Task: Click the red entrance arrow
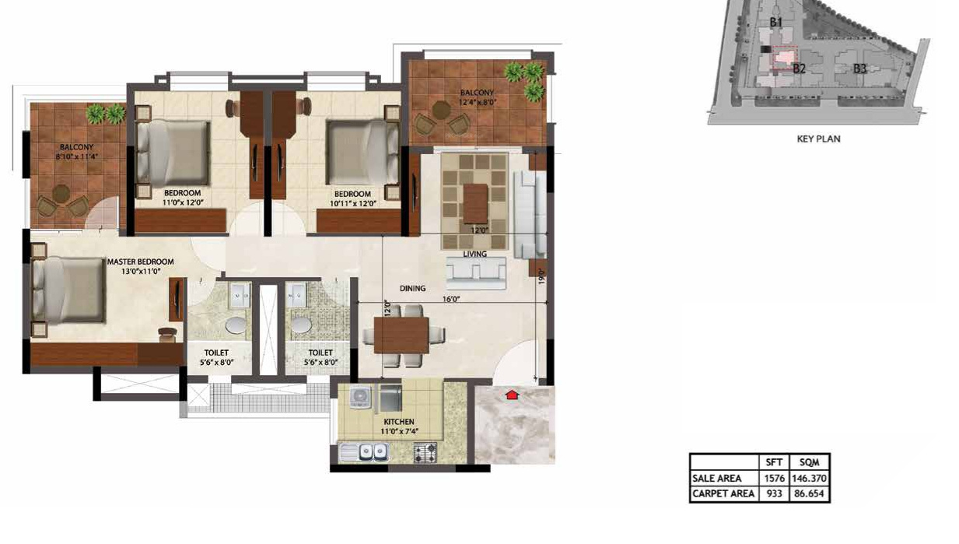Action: tap(511, 395)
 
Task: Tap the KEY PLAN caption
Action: tap(818, 139)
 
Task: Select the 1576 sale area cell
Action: tap(773, 479)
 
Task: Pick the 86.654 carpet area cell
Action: tap(809, 494)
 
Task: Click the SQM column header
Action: tap(809, 462)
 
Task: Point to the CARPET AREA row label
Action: tap(723, 494)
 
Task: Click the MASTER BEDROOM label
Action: tap(141, 262)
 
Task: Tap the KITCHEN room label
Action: tap(398, 422)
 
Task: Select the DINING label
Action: tap(412, 289)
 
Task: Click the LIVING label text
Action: tap(474, 254)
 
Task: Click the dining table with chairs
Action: tap(401, 335)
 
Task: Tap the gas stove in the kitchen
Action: tap(427, 451)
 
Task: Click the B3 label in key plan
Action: tap(859, 68)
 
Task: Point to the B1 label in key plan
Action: tap(775, 23)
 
